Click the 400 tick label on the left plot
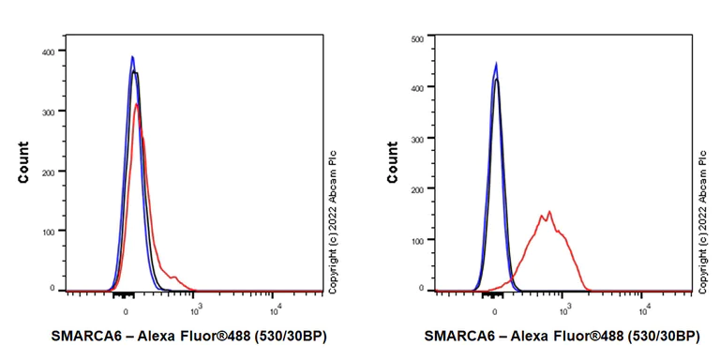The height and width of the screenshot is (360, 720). (47, 52)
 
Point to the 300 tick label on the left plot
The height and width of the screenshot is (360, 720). (47, 112)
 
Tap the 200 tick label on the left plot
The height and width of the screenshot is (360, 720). (47, 171)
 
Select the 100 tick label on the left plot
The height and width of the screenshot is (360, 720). (47, 231)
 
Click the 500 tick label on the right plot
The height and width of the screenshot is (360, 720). (418, 38)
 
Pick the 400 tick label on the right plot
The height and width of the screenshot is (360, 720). (418, 87)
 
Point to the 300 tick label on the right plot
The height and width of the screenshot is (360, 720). (418, 138)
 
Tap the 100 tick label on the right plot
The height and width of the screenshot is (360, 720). (418, 239)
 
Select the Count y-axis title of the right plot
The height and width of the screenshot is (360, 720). (393, 162)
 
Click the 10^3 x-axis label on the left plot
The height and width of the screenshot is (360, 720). (195, 307)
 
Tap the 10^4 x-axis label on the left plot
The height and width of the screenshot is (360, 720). (275, 307)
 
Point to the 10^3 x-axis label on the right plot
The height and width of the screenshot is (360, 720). (565, 307)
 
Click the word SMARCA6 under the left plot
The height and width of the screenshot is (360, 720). (88, 336)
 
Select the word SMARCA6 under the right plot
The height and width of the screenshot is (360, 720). (459, 336)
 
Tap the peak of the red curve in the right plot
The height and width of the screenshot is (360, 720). (549, 211)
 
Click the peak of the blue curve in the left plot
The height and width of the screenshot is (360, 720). (132, 56)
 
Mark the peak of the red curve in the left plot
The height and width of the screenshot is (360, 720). (138, 104)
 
